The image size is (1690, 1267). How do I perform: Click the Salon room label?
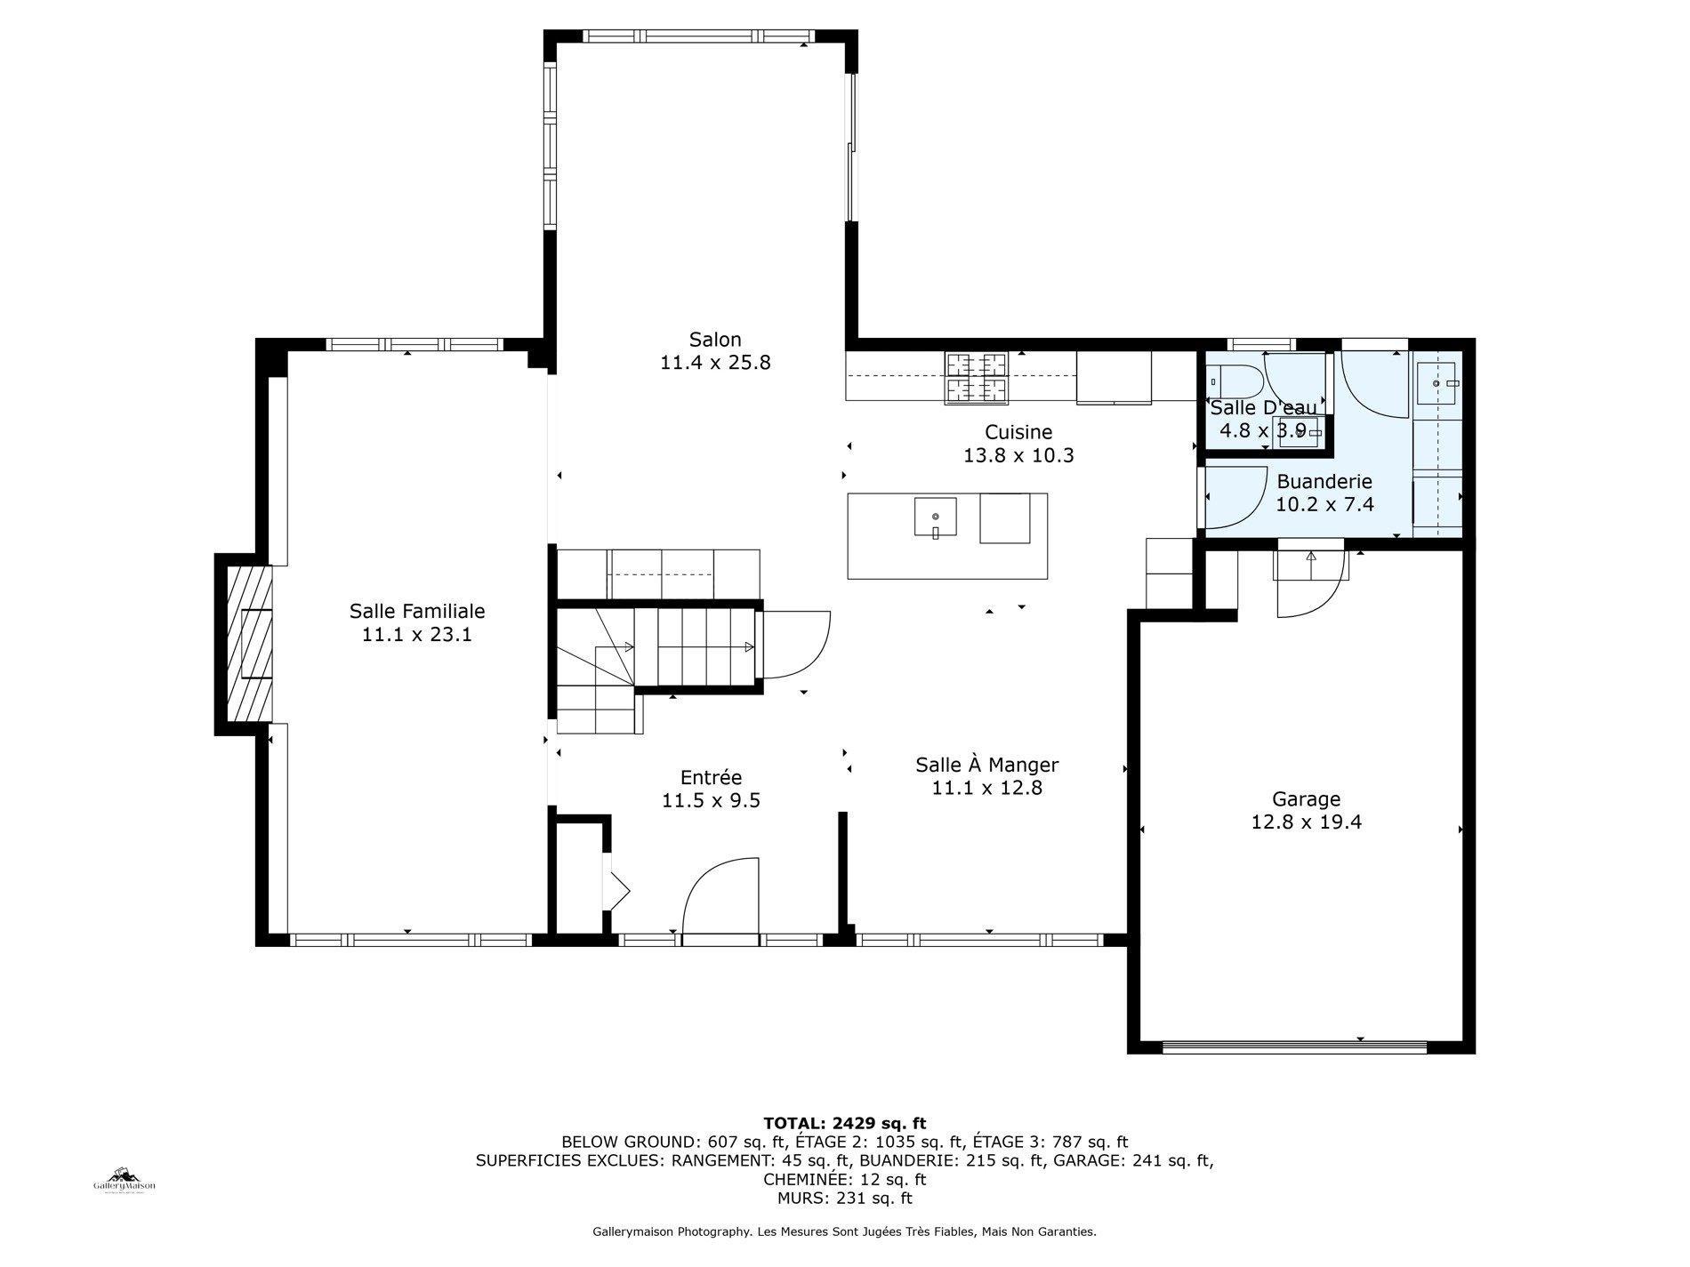point(714,340)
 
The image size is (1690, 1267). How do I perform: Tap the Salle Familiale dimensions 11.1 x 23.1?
point(416,635)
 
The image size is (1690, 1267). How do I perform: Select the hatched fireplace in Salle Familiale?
point(248,644)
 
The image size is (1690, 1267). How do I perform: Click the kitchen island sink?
point(935,517)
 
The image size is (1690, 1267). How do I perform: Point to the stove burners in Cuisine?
point(977,377)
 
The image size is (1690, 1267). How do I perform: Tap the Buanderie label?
point(1324,482)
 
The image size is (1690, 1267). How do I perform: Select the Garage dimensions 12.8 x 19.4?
point(1306,822)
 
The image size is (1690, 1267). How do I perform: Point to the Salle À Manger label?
point(986,765)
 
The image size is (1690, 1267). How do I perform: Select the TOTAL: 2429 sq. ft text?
point(844,1123)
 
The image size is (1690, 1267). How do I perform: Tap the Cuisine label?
point(1018,432)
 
